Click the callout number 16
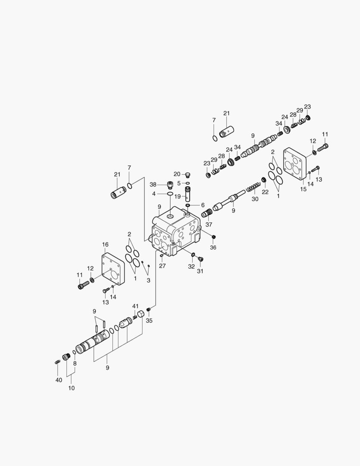(x=105, y=245)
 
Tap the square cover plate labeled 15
(x=294, y=164)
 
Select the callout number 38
(x=153, y=185)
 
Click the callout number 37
(x=209, y=224)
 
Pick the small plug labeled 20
(x=188, y=175)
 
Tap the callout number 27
(x=162, y=266)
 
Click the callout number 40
(x=59, y=380)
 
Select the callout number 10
(x=71, y=388)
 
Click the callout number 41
(x=135, y=306)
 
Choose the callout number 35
(x=149, y=321)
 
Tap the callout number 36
(x=213, y=247)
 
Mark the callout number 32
(x=191, y=267)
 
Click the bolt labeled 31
(x=200, y=259)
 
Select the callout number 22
(x=265, y=192)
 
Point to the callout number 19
(x=177, y=196)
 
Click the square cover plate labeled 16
(x=113, y=269)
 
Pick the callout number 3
(x=148, y=280)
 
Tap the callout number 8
(x=75, y=363)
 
